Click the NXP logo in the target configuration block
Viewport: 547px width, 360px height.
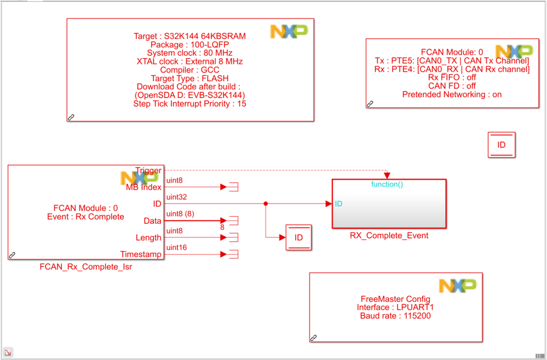pyautogui.click(x=289, y=32)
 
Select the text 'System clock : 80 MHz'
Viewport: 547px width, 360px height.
pyautogui.click(x=189, y=53)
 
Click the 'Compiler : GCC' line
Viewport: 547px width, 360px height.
pyautogui.click(x=189, y=70)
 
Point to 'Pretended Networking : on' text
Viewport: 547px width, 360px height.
pyautogui.click(x=452, y=94)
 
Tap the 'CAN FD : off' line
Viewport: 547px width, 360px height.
pyautogui.click(x=452, y=86)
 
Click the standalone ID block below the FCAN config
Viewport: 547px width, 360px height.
pyautogui.click(x=502, y=145)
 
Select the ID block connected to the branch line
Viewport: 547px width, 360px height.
pyautogui.click(x=298, y=237)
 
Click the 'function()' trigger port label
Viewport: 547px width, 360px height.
pyautogui.click(x=387, y=184)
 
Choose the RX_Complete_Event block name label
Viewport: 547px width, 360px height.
pyautogui.click(x=389, y=236)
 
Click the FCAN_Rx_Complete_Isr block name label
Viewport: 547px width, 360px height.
pyautogui.click(x=86, y=267)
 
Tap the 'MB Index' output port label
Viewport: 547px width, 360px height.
pyautogui.click(x=143, y=187)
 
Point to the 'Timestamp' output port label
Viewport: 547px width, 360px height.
pyautogui.click(x=141, y=254)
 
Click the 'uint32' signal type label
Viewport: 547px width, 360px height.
pyautogui.click(x=177, y=196)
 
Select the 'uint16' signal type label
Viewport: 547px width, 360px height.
pyautogui.click(x=177, y=247)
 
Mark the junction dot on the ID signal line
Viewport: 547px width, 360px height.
pyautogui.click(x=266, y=204)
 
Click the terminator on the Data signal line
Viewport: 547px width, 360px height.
pyautogui.click(x=233, y=220)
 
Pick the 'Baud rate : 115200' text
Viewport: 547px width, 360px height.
pyautogui.click(x=395, y=316)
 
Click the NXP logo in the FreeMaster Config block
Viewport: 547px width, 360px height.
pyautogui.click(x=457, y=285)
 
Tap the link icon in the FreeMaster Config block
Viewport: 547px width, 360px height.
pyautogui.click(x=314, y=338)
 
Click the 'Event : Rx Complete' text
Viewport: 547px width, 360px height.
pyautogui.click(x=85, y=217)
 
